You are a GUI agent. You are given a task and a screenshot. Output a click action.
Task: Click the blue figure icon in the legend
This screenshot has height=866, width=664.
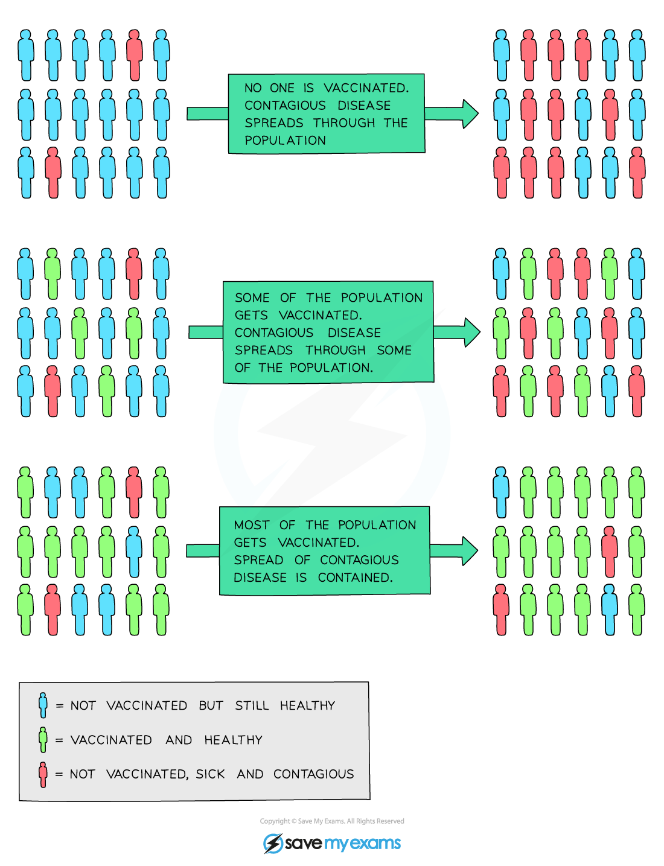(43, 705)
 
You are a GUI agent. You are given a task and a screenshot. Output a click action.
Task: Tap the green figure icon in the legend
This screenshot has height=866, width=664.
(43, 739)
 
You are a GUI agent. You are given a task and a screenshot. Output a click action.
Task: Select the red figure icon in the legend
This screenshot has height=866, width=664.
(43, 774)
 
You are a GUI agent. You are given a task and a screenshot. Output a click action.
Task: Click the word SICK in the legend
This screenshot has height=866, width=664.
(210, 774)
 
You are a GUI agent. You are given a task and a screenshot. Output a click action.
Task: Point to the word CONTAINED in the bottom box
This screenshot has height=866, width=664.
(355, 578)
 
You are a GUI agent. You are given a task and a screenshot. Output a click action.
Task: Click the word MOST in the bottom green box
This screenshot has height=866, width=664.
(252, 525)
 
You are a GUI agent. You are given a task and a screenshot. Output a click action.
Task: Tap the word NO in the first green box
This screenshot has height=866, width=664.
(253, 88)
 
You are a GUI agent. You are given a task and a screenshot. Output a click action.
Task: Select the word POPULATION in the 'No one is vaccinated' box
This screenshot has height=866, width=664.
(285, 140)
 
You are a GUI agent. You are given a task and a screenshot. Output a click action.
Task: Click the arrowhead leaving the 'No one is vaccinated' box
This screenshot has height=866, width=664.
(470, 114)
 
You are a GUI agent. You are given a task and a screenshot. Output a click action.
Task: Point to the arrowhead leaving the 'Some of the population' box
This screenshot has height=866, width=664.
(472, 333)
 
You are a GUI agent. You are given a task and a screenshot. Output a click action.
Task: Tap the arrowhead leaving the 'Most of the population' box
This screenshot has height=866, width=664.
(470, 551)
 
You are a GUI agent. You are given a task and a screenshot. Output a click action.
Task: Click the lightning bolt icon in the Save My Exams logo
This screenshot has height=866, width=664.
(273, 843)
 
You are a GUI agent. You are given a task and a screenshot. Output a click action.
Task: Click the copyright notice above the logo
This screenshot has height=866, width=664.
(331, 821)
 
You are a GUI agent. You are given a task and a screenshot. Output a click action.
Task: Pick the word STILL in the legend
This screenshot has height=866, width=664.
(252, 705)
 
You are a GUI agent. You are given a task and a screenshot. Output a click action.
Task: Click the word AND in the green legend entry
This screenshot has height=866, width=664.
(179, 740)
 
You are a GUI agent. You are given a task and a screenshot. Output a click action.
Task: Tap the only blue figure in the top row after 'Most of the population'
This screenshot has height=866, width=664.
(501, 492)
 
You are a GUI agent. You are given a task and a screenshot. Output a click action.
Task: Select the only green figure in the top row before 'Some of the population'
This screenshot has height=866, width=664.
(52, 273)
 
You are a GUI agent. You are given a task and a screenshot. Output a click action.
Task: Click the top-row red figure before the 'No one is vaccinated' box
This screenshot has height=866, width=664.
(135, 55)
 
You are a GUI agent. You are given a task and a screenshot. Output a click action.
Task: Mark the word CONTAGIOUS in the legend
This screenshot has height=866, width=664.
(313, 774)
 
